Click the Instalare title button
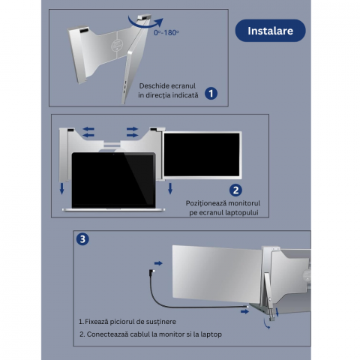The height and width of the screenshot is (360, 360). [x=270, y=31]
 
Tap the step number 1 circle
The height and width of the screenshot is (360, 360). [x=211, y=94]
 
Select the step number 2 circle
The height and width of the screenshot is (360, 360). [x=235, y=190]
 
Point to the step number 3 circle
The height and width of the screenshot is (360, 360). [x=82, y=239]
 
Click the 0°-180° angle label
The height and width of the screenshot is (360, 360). [x=166, y=33]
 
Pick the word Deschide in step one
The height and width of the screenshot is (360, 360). [x=151, y=86]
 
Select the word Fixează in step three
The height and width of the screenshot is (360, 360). [x=95, y=322]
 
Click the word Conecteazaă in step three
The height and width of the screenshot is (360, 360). [x=104, y=334]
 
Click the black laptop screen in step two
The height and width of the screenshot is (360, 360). [x=113, y=180]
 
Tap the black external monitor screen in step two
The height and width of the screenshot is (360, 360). [x=202, y=154]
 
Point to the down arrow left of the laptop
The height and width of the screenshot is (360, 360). [x=61, y=188]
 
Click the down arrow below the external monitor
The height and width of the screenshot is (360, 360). [x=170, y=188]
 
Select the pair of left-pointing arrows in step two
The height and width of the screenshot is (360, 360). [x=88, y=132]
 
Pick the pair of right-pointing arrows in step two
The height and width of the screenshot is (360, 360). [x=132, y=132]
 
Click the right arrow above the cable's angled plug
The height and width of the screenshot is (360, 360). [x=158, y=263]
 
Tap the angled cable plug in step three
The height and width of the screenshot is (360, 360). [x=151, y=271]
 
